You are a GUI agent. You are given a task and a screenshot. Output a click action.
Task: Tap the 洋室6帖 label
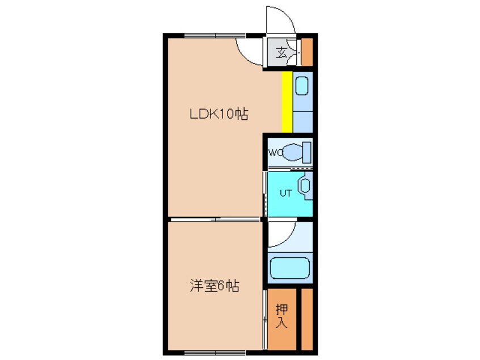tap(214, 286)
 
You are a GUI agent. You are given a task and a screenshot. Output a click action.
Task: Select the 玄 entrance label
tap(280, 53)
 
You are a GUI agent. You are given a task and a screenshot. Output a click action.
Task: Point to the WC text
tap(275, 152)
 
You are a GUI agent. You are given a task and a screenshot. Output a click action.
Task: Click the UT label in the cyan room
tap(285, 193)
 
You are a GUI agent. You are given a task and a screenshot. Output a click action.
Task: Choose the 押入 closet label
tap(282, 317)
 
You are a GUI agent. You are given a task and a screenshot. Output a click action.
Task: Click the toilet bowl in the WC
tap(296, 152)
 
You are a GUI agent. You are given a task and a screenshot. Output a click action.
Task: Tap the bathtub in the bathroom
tap(289, 268)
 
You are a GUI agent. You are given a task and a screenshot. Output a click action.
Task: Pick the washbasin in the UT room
tap(305, 186)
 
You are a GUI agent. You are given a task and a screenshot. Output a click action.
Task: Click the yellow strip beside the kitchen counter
tap(287, 101)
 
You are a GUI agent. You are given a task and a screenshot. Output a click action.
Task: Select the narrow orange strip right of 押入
tap(307, 319)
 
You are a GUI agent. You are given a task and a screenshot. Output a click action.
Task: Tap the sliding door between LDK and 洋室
tap(216, 219)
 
